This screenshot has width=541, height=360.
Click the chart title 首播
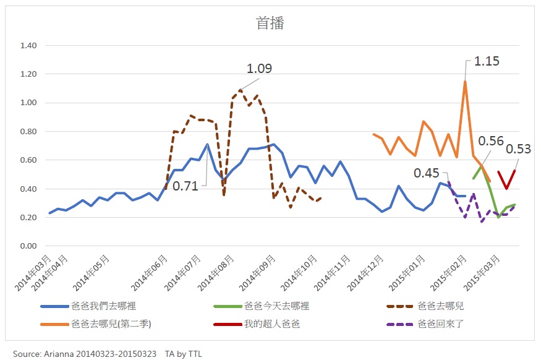(x=270, y=24)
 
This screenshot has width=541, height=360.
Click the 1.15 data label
(x=487, y=61)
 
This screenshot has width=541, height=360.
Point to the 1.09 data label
(x=259, y=69)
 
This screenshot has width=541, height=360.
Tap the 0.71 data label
(x=185, y=185)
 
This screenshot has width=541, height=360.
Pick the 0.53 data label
(x=518, y=148)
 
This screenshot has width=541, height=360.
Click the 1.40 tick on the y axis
(x=28, y=46)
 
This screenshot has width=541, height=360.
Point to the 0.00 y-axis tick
(x=28, y=246)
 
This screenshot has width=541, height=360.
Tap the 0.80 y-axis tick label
(x=28, y=132)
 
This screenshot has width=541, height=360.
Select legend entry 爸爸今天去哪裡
(x=276, y=306)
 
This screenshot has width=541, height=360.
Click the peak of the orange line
(x=465, y=81)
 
